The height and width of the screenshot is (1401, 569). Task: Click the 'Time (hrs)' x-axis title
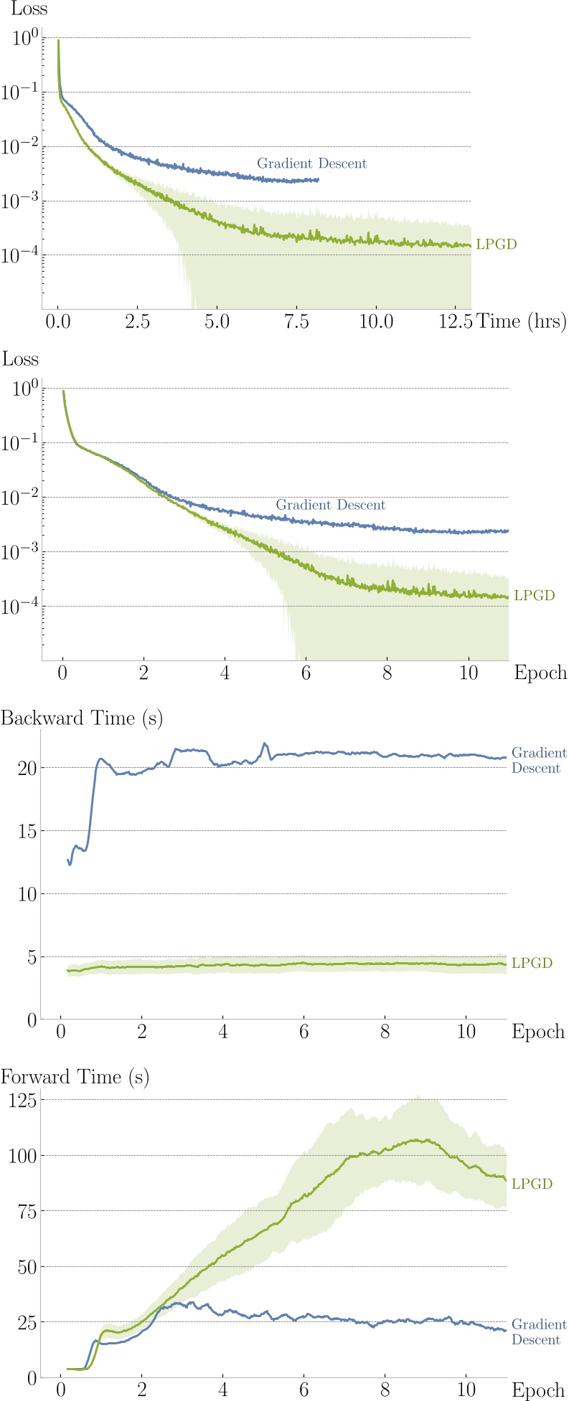point(522,321)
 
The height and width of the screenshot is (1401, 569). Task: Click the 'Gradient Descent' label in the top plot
point(311,163)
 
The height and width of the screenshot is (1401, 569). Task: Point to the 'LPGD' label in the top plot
point(496,244)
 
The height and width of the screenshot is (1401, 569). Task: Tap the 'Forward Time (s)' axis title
point(75,1077)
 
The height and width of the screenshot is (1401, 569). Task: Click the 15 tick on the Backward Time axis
point(25,831)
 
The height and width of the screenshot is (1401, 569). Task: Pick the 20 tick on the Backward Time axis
point(25,768)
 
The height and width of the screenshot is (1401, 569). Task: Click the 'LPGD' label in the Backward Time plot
point(532,963)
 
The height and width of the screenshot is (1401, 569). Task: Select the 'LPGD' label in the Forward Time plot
point(532,1184)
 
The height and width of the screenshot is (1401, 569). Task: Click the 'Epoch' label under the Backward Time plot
point(538,1032)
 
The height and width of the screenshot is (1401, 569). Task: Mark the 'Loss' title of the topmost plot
point(29,9)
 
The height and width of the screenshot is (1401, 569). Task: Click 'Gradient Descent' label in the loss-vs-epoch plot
point(331,505)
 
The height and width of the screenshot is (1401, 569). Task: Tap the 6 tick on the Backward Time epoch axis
point(304,1032)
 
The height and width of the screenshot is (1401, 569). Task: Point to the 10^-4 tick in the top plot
point(24,255)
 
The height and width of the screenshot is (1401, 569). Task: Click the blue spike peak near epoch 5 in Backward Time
point(265,744)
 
